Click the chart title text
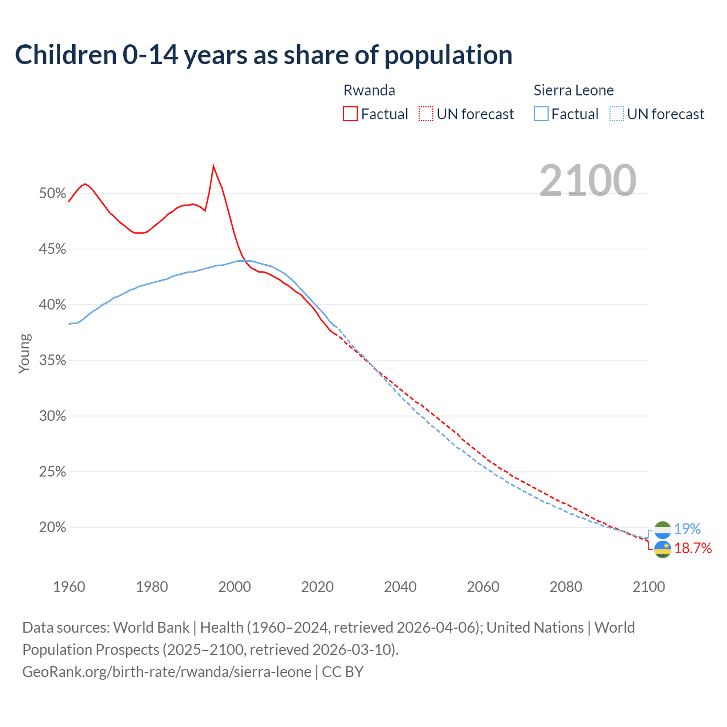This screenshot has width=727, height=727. coord(264,55)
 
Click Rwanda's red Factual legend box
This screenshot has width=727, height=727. coord(350,114)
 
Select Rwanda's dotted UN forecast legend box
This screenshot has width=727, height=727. coord(426,114)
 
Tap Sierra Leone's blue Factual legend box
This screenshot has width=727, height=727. coord(541,114)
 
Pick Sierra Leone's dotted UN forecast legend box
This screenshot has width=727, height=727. coord(617,114)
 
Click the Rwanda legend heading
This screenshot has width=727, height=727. coord(369,90)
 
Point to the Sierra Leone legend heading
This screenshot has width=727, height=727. coord(574,90)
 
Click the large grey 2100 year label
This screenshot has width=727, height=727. coord(588,181)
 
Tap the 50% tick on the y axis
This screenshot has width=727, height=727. coord(52,194)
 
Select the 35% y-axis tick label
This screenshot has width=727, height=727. coord(52,361)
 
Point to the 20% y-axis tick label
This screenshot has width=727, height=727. coord(52,528)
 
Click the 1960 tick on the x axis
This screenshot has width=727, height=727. coord(69,587)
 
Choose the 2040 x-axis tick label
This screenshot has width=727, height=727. coord(400,587)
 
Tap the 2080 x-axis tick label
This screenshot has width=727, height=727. coord(566,587)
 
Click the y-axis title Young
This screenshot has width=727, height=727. coord(24,353)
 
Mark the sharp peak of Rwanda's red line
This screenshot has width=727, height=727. coord(214,166)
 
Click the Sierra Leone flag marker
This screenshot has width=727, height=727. coord(662,529)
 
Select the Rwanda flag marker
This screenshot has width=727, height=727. coord(662,549)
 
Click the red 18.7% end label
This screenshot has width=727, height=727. coord(693,548)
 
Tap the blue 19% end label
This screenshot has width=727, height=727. coord(687,529)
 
